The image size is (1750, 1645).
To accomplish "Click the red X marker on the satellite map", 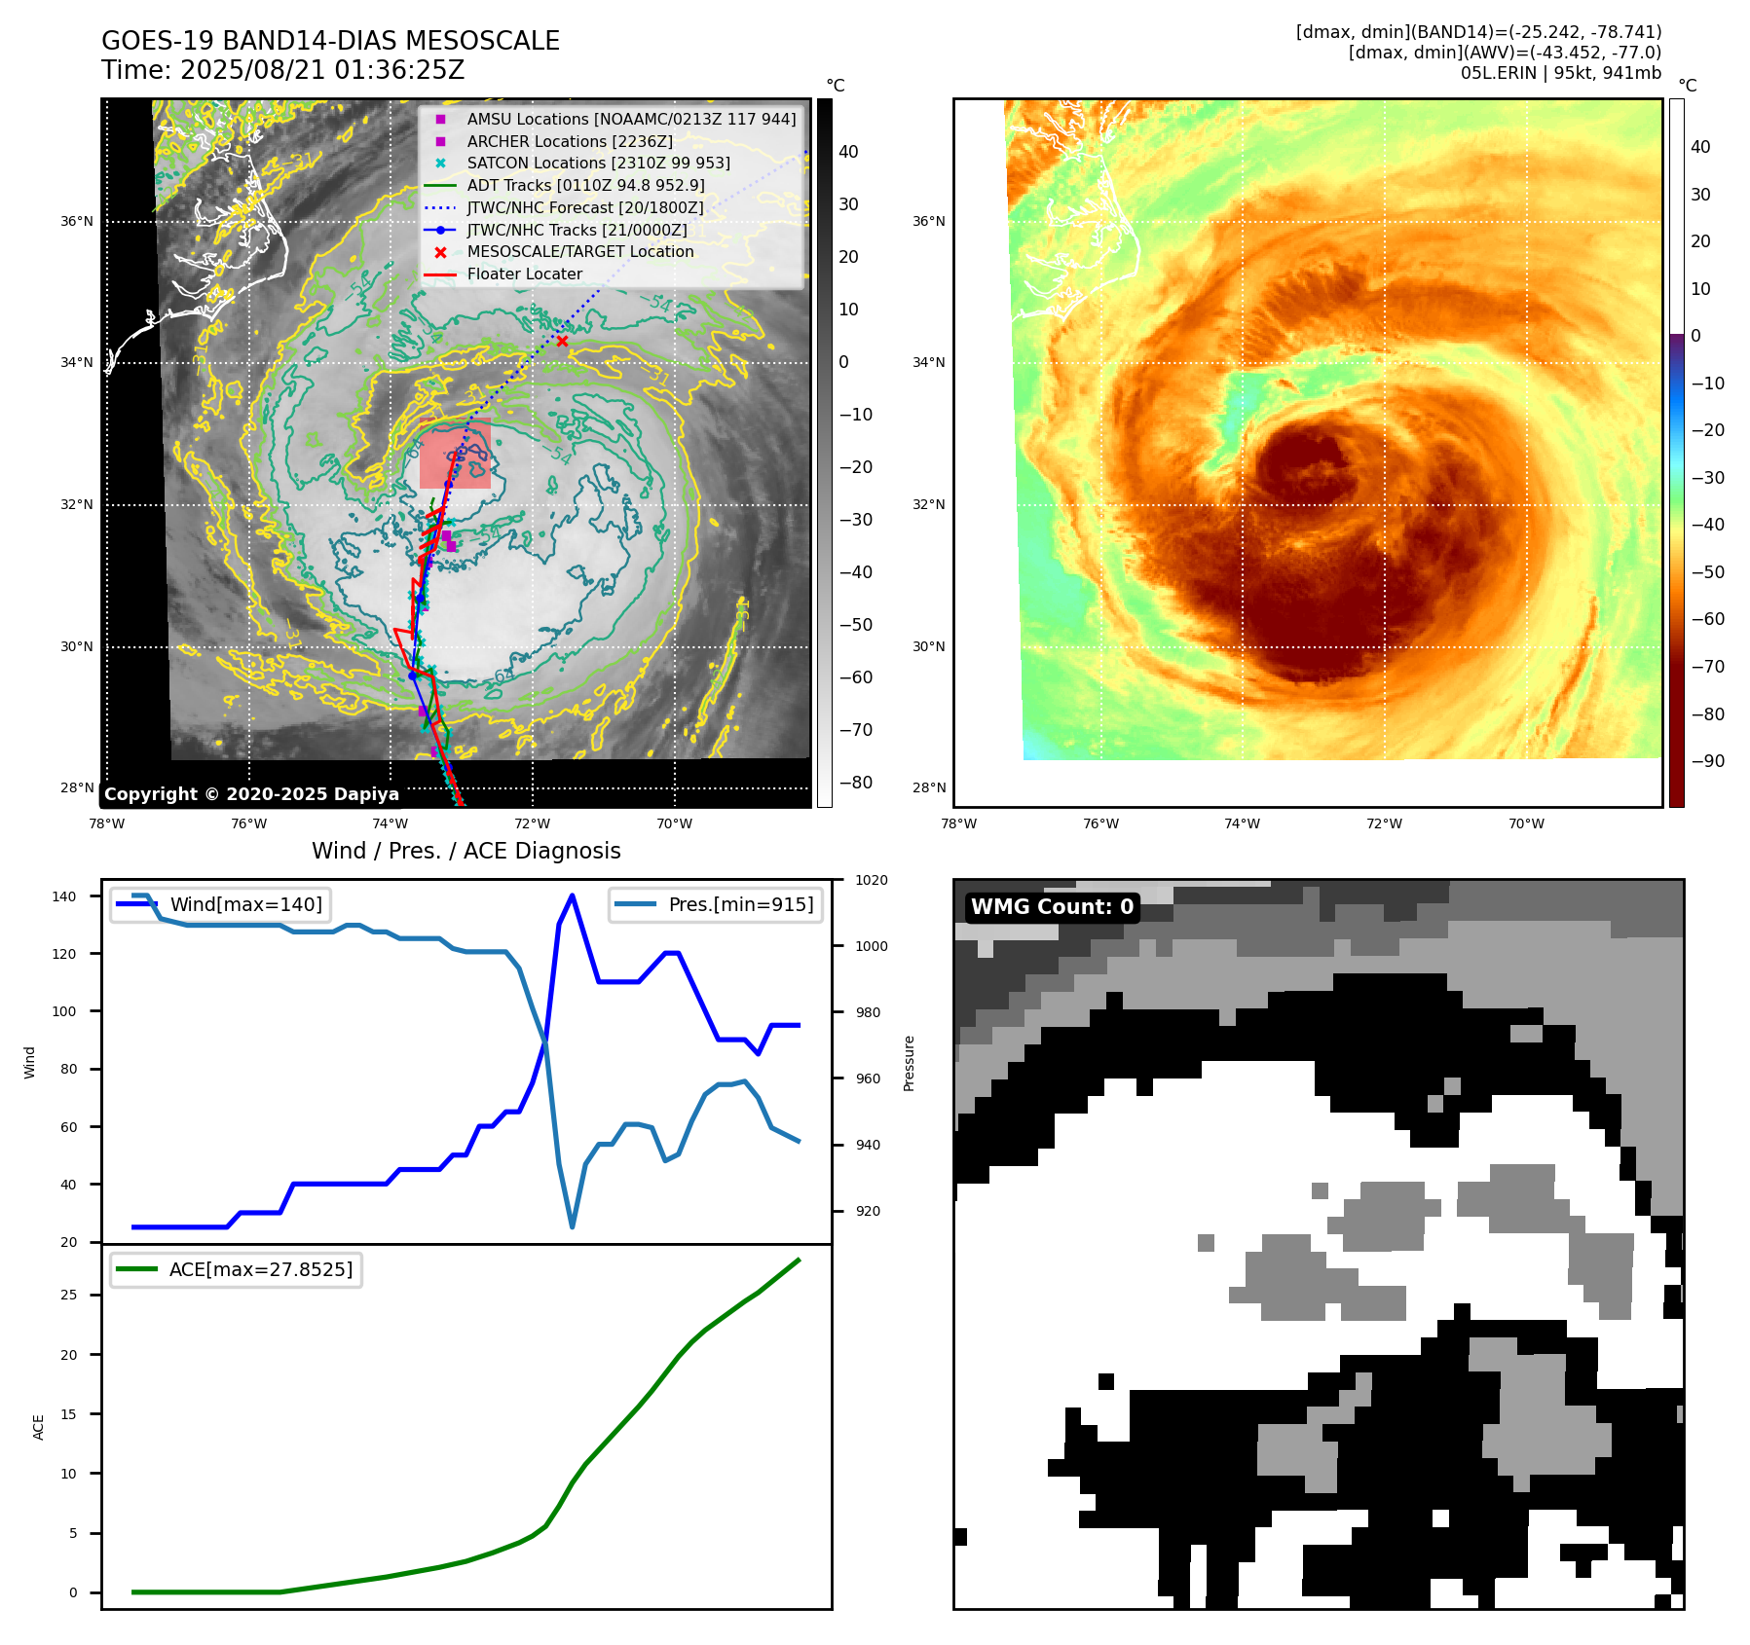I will coord(562,341).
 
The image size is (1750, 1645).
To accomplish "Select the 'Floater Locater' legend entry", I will coord(524,274).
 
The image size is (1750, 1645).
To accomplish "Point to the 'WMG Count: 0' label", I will coord(1052,906).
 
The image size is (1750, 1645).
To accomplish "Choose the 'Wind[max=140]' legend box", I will coord(220,904).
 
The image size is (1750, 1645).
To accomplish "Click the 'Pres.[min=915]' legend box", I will coord(716,904).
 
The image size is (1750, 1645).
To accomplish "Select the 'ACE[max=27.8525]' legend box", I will coord(236,1269).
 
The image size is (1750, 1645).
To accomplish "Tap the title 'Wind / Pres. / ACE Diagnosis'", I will coord(465,851).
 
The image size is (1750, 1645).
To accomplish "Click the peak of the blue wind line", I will coord(572,896).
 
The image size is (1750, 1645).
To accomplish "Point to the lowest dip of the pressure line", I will coord(572,1226).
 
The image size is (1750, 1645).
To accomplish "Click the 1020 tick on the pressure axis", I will coord(872,880).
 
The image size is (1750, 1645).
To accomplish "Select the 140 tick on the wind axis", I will coord(64,896).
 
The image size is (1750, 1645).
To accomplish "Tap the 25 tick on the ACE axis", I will coord(68,1295).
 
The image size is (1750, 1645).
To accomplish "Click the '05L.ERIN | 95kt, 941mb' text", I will coord(1560,72).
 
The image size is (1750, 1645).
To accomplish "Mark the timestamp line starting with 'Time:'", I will coord(282,70).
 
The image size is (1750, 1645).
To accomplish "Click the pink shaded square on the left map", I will coord(455,454).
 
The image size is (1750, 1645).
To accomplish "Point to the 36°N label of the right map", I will coord(928,221).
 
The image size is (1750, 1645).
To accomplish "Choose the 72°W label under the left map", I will coord(532,823).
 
